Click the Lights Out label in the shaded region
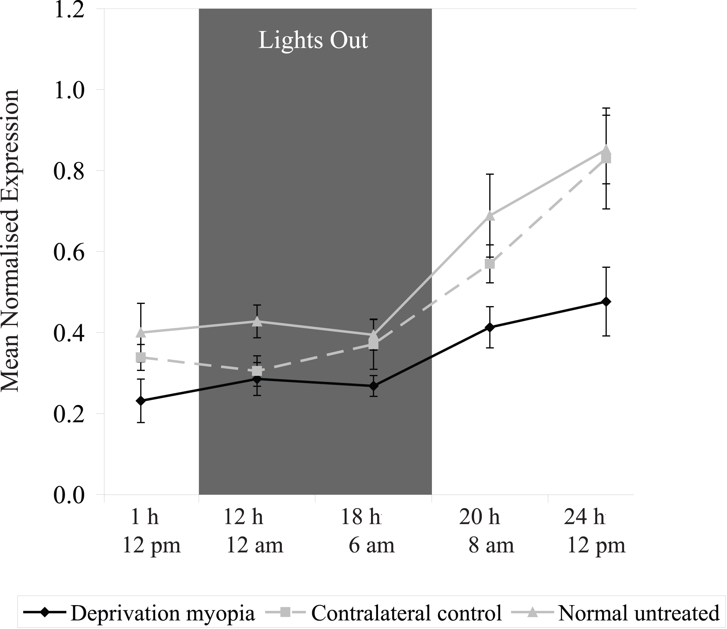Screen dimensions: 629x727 click(x=313, y=40)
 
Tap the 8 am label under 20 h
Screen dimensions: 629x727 click(x=491, y=546)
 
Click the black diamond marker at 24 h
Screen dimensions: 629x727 click(x=606, y=301)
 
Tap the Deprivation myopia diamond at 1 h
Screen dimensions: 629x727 click(x=141, y=401)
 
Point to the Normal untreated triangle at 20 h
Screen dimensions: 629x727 click(x=490, y=216)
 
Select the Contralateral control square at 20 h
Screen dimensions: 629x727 click(x=490, y=264)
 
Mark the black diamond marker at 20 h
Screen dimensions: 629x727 click(x=490, y=328)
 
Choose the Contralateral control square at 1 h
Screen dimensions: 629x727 click(x=141, y=357)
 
